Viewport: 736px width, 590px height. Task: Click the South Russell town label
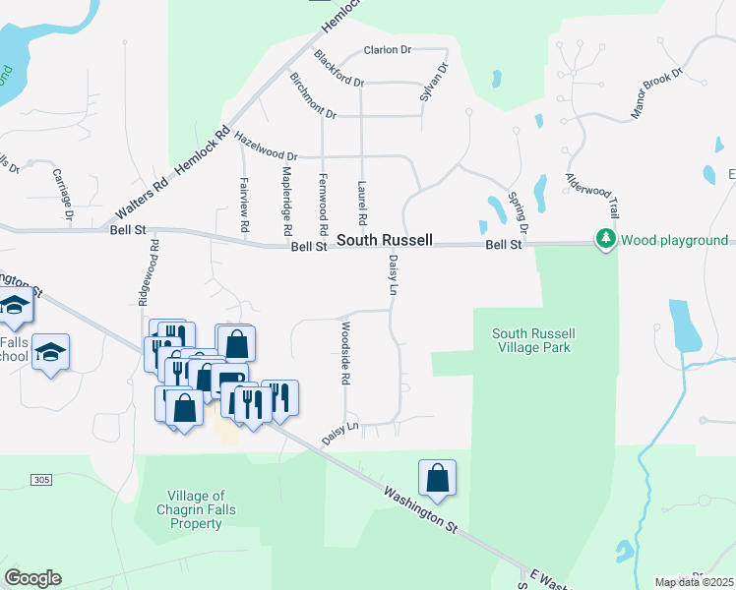tap(384, 240)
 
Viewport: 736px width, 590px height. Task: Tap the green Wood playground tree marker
tap(604, 239)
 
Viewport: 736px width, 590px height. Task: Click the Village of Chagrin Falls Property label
tap(196, 509)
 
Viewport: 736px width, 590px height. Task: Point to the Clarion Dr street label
tap(387, 50)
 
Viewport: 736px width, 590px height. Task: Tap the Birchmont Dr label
tap(313, 95)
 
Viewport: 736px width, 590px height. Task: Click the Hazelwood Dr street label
tap(266, 146)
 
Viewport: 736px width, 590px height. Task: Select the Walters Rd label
tap(136, 200)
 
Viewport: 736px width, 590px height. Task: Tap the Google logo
tap(32, 578)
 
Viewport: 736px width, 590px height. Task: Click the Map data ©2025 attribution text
tap(694, 582)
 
